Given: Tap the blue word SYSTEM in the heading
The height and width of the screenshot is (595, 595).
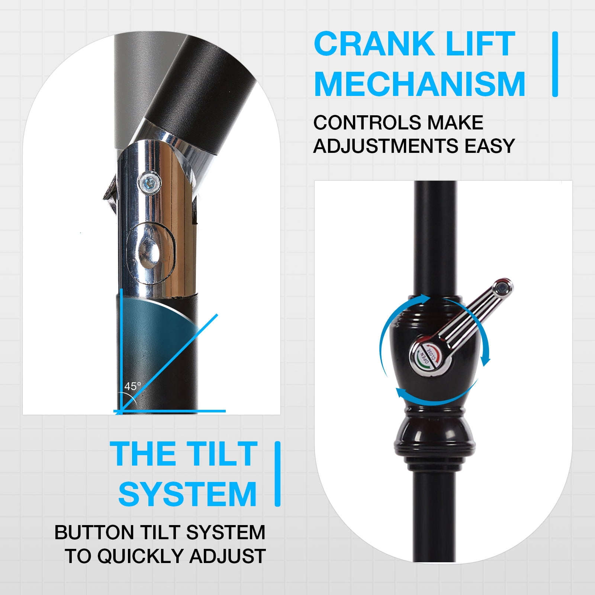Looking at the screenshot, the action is pos(187,494).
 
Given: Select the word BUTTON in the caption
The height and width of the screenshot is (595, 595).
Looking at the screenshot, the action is pos(94,532).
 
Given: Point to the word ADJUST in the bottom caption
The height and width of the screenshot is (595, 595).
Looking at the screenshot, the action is pos(228,556).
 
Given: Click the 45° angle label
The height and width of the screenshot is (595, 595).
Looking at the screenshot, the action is pos(133,386).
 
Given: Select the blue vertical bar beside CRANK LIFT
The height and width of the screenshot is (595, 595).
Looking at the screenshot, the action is pos(555,64).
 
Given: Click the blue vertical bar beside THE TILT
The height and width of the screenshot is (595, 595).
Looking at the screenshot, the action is pos(277,474).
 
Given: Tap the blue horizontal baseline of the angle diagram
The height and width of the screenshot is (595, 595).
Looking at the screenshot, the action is pos(170,411).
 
